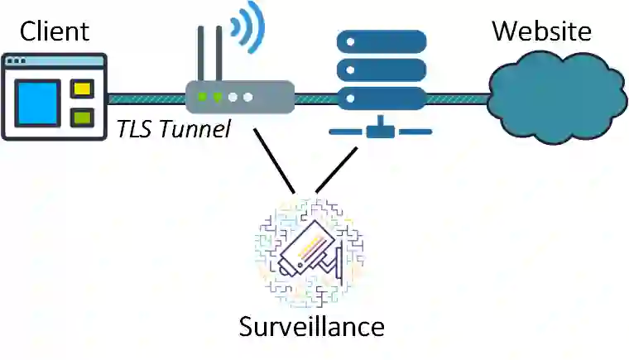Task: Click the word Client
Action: [x=55, y=32]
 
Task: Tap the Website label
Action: [x=541, y=31]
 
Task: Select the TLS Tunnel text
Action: [x=173, y=129]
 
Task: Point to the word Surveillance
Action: [x=312, y=326]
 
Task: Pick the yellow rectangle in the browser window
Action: [x=81, y=89]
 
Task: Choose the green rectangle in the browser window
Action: [x=81, y=117]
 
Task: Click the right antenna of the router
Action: [x=219, y=53]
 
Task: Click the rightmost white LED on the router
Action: [x=247, y=97]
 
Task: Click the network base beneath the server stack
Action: [x=381, y=129]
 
